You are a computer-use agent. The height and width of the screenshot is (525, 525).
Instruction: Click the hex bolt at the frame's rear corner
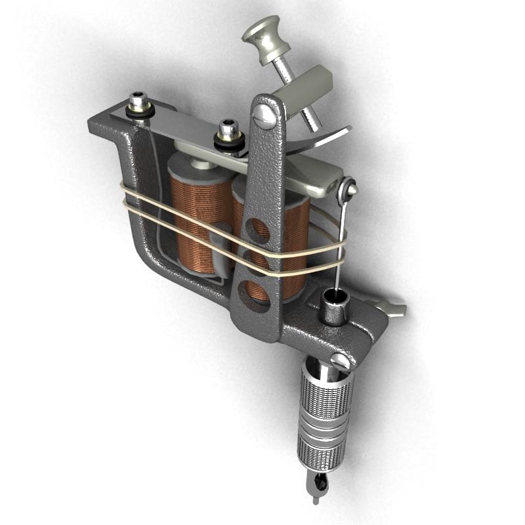click(138, 103)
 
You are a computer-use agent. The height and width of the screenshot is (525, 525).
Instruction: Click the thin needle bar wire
click(339, 249)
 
